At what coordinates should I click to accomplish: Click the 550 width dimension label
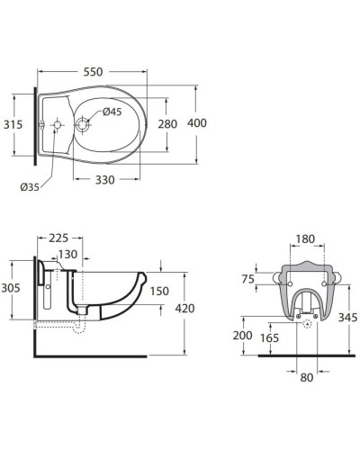(93, 72)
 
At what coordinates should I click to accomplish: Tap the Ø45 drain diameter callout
(112, 112)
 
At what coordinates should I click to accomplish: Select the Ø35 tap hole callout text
(30, 187)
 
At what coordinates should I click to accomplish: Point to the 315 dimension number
(13, 124)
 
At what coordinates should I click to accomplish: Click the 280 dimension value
(167, 124)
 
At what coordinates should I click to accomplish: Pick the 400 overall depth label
(197, 123)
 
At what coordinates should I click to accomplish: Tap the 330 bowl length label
(105, 180)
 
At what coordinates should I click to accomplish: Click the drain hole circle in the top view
(82, 124)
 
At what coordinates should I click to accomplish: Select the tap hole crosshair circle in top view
(57, 124)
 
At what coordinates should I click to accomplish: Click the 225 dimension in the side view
(58, 238)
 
